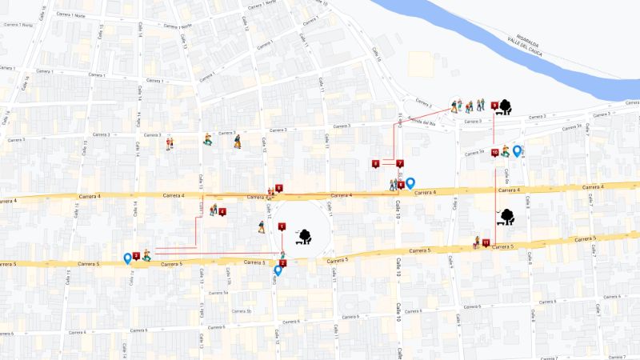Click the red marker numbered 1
tap(282, 226)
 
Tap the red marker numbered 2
tap(282, 262)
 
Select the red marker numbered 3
tap(136, 256)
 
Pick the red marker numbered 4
tap(222, 211)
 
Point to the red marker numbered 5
tap(278, 188)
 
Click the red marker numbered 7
tap(399, 163)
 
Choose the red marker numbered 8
tap(376, 164)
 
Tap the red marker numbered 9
tap(494, 105)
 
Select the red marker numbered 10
tap(495, 151)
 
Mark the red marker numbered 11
tap(486, 242)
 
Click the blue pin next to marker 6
tap(410, 183)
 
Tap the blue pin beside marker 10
tap(517, 150)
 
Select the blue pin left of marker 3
tap(127, 258)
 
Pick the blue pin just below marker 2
tap(278, 270)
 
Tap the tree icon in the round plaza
tap(304, 234)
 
